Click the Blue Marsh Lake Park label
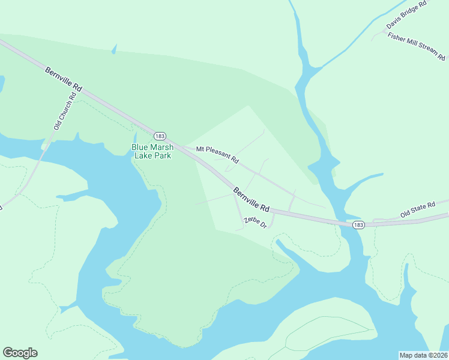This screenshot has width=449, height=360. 152,151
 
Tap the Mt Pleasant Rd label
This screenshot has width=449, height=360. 217,154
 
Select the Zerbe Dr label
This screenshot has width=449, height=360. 255,221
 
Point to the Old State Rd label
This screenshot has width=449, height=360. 418,210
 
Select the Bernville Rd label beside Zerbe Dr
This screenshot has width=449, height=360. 252,201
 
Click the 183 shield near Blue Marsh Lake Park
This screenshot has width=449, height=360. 159,136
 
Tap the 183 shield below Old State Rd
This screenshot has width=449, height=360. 358,224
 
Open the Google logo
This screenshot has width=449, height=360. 20,352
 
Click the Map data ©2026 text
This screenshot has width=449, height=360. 423,355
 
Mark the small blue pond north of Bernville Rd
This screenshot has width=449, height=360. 113,50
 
